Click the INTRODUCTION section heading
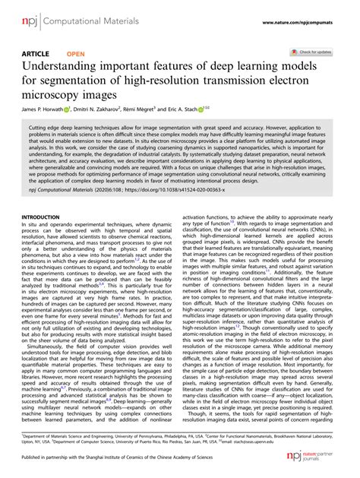(47, 217)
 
